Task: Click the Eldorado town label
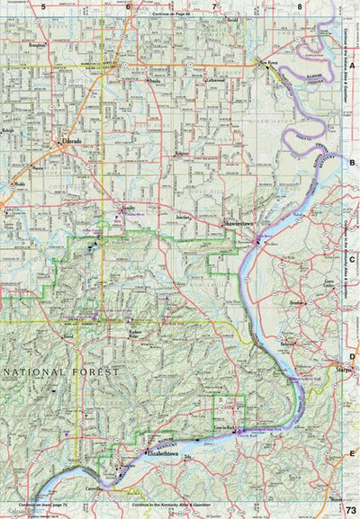[x=71, y=141]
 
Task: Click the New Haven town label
[x=271, y=62]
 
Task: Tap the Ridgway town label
[x=184, y=154]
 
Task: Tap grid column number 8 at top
[x=299, y=6]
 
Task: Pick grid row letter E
[x=353, y=453]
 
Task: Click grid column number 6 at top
[x=129, y=6]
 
